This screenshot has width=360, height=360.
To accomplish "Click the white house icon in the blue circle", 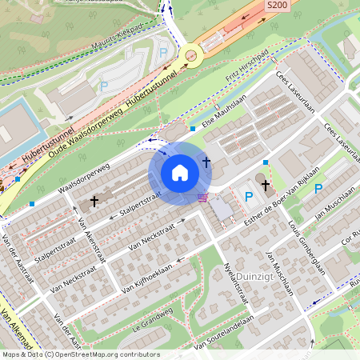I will (x=180, y=172).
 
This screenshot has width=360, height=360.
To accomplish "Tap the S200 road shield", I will (x=276, y=6).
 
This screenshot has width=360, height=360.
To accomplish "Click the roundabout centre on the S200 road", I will (x=190, y=55).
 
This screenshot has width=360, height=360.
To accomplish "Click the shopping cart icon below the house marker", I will (x=203, y=197).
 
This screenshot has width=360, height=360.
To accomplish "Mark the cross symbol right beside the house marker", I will (x=206, y=162).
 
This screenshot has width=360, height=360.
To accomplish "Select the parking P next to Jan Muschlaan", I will (x=318, y=189).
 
